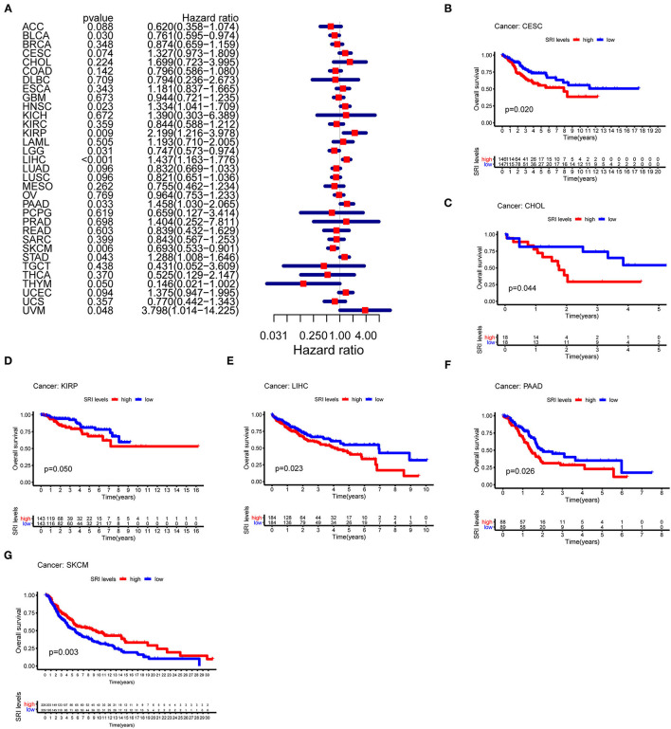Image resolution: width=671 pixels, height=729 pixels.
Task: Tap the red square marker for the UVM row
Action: pos(366,309)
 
